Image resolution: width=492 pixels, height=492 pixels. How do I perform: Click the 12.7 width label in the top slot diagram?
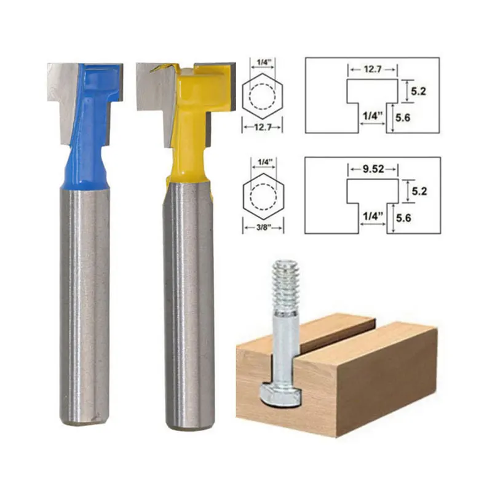373,69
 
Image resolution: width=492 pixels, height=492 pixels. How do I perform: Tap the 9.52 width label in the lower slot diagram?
373,169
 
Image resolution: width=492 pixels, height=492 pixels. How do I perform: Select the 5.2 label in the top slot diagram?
419,91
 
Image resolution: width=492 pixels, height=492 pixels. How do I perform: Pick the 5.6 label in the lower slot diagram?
403,218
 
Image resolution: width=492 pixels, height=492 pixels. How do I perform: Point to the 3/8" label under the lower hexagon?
263,228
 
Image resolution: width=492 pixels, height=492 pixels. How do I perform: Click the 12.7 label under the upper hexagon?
263,127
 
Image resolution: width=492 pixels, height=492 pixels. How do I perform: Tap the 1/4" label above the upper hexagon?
263,62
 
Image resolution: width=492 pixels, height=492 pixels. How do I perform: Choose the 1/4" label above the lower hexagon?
264,162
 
